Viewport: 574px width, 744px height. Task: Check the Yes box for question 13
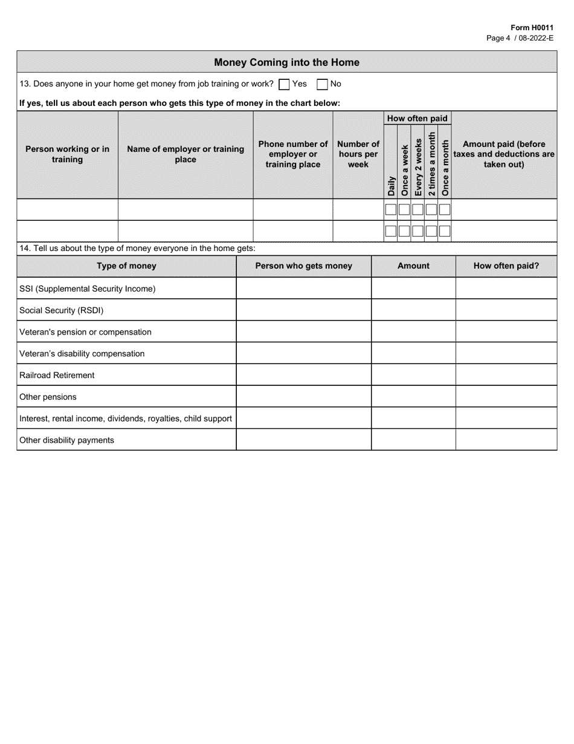(x=284, y=85)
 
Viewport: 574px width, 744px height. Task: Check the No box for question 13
(x=323, y=85)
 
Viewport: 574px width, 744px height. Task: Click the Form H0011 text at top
(x=531, y=28)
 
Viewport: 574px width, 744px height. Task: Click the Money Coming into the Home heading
(x=286, y=62)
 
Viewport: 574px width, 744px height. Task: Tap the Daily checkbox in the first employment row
(x=391, y=210)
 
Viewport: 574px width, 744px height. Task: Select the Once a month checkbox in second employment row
(x=445, y=231)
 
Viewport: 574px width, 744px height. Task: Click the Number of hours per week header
(x=358, y=154)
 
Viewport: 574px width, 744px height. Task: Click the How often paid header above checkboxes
(x=418, y=119)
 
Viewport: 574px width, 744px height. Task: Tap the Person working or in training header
(x=67, y=154)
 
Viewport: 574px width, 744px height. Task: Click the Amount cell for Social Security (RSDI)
(x=413, y=310)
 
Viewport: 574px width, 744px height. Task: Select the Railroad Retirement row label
(x=57, y=375)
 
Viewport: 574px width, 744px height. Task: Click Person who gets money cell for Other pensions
(x=303, y=397)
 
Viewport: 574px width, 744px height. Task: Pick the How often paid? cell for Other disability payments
(x=506, y=440)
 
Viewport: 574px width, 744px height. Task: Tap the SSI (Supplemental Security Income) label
(x=87, y=289)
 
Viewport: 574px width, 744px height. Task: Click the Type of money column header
(x=126, y=266)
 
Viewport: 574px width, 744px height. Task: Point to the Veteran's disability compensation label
(x=82, y=353)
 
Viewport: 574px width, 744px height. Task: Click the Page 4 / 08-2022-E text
(x=520, y=38)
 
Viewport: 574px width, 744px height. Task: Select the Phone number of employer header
(x=293, y=154)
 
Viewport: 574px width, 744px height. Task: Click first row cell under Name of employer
(x=185, y=210)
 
